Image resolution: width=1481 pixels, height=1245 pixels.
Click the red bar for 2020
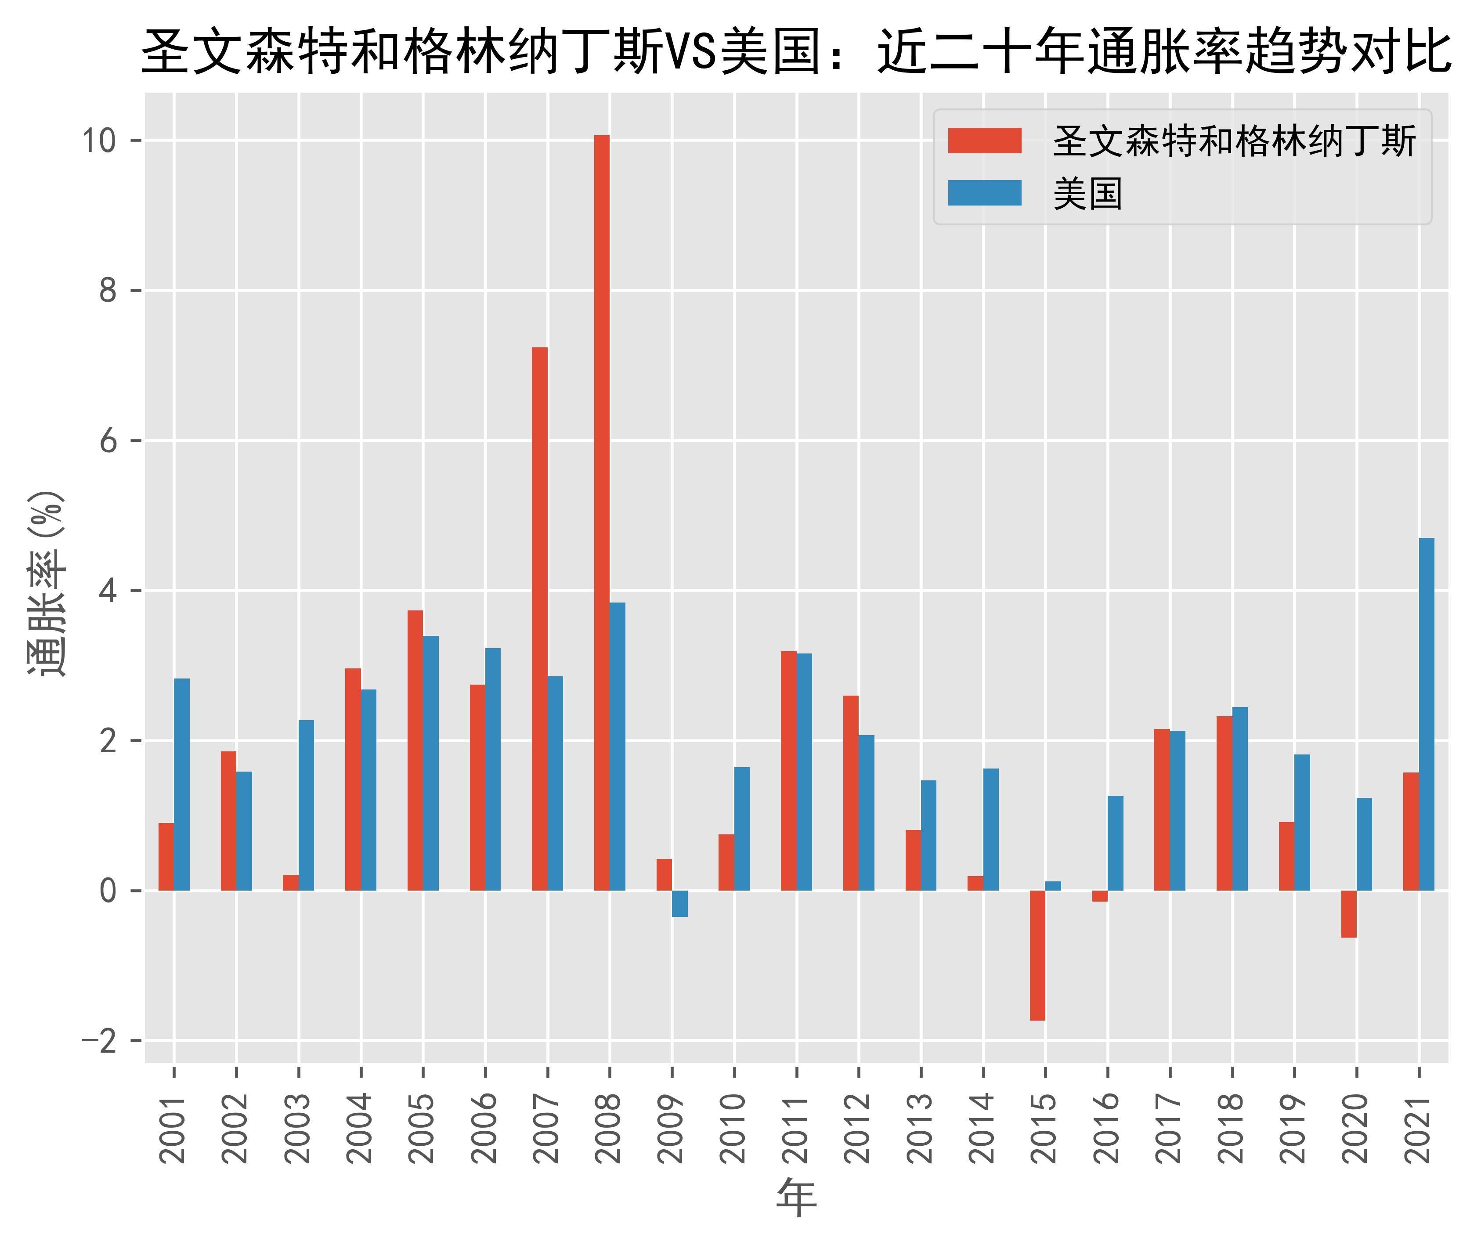click(1348, 913)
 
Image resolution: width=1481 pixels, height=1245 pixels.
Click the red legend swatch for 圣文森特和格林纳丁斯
click(984, 141)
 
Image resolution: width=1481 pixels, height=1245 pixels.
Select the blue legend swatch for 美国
click(984, 193)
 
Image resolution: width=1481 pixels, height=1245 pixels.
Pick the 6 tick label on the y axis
click(107, 441)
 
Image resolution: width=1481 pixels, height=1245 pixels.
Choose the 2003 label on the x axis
click(298, 1128)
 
